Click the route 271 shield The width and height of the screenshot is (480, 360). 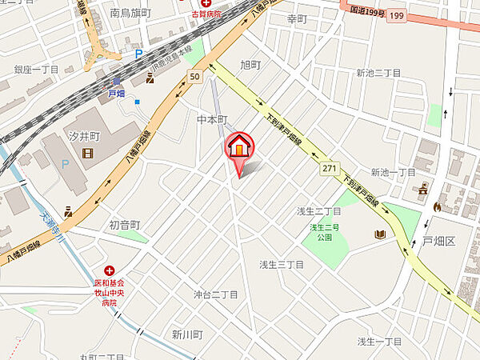point(327,169)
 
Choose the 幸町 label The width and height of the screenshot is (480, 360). point(297,18)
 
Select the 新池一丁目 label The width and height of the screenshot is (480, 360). point(393,172)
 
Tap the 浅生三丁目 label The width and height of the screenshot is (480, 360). point(281,264)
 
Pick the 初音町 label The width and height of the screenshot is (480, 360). point(125,225)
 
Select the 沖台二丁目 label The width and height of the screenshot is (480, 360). point(216,294)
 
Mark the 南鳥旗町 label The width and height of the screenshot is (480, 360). point(130,14)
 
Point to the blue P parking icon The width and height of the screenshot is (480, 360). point(138,55)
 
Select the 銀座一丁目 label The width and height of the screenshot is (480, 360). point(37,70)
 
